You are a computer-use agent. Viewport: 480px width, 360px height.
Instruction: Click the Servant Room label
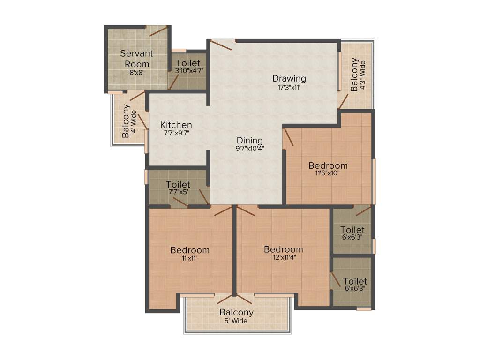pyautogui.click(x=136, y=59)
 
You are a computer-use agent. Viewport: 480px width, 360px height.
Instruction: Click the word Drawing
pyautogui.click(x=289, y=78)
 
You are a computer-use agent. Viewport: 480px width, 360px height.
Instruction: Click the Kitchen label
pyautogui.click(x=176, y=125)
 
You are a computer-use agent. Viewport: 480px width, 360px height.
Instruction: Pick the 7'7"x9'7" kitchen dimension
pyautogui.click(x=176, y=133)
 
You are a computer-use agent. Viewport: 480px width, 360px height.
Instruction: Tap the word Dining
pyautogui.click(x=249, y=140)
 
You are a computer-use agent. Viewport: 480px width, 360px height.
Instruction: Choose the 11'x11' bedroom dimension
pyautogui.click(x=189, y=258)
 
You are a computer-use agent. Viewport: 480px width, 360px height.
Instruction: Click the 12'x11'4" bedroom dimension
pyautogui.click(x=283, y=257)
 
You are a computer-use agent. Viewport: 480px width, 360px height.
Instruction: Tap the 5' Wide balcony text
pyautogui.click(x=236, y=321)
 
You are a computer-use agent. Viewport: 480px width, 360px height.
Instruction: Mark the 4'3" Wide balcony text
pyautogui.click(x=362, y=75)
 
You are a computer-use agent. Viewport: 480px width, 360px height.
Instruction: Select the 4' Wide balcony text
pyautogui.click(x=134, y=121)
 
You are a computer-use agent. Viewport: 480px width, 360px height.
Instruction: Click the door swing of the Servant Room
pyautogui.click(x=159, y=31)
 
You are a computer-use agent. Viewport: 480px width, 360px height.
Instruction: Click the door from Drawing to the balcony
pyautogui.click(x=344, y=100)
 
